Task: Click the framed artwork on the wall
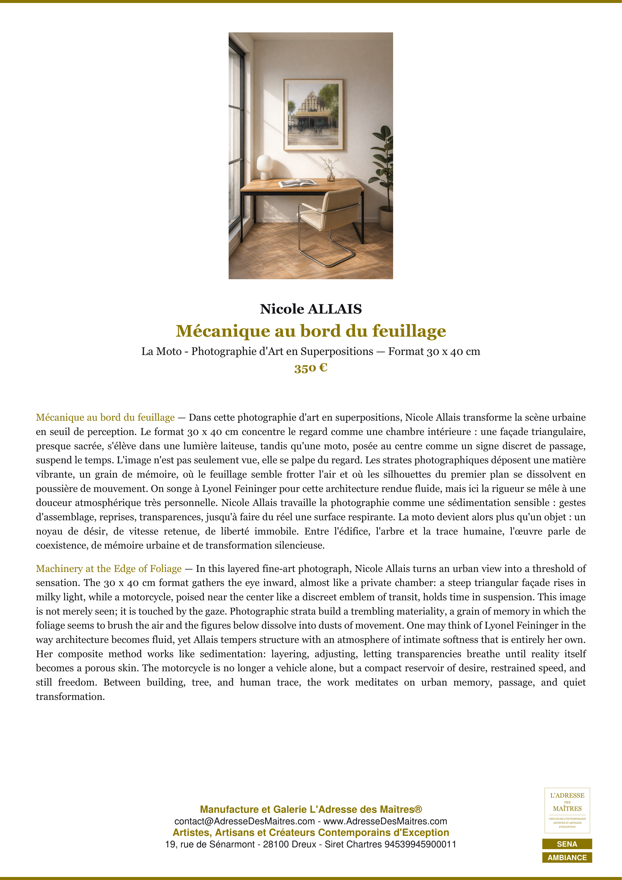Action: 313,115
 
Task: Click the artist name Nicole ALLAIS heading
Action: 311,309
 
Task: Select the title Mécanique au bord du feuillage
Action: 311,331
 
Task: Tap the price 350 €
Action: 311,368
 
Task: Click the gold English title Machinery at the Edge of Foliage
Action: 109,568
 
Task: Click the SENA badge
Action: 567,844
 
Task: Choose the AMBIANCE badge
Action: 567,857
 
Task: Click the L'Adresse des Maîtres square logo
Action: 567,810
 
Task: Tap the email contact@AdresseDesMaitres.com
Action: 244,821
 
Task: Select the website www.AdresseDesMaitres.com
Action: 385,821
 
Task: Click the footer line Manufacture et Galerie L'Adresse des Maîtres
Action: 311,810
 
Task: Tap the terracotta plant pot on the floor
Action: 386,218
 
